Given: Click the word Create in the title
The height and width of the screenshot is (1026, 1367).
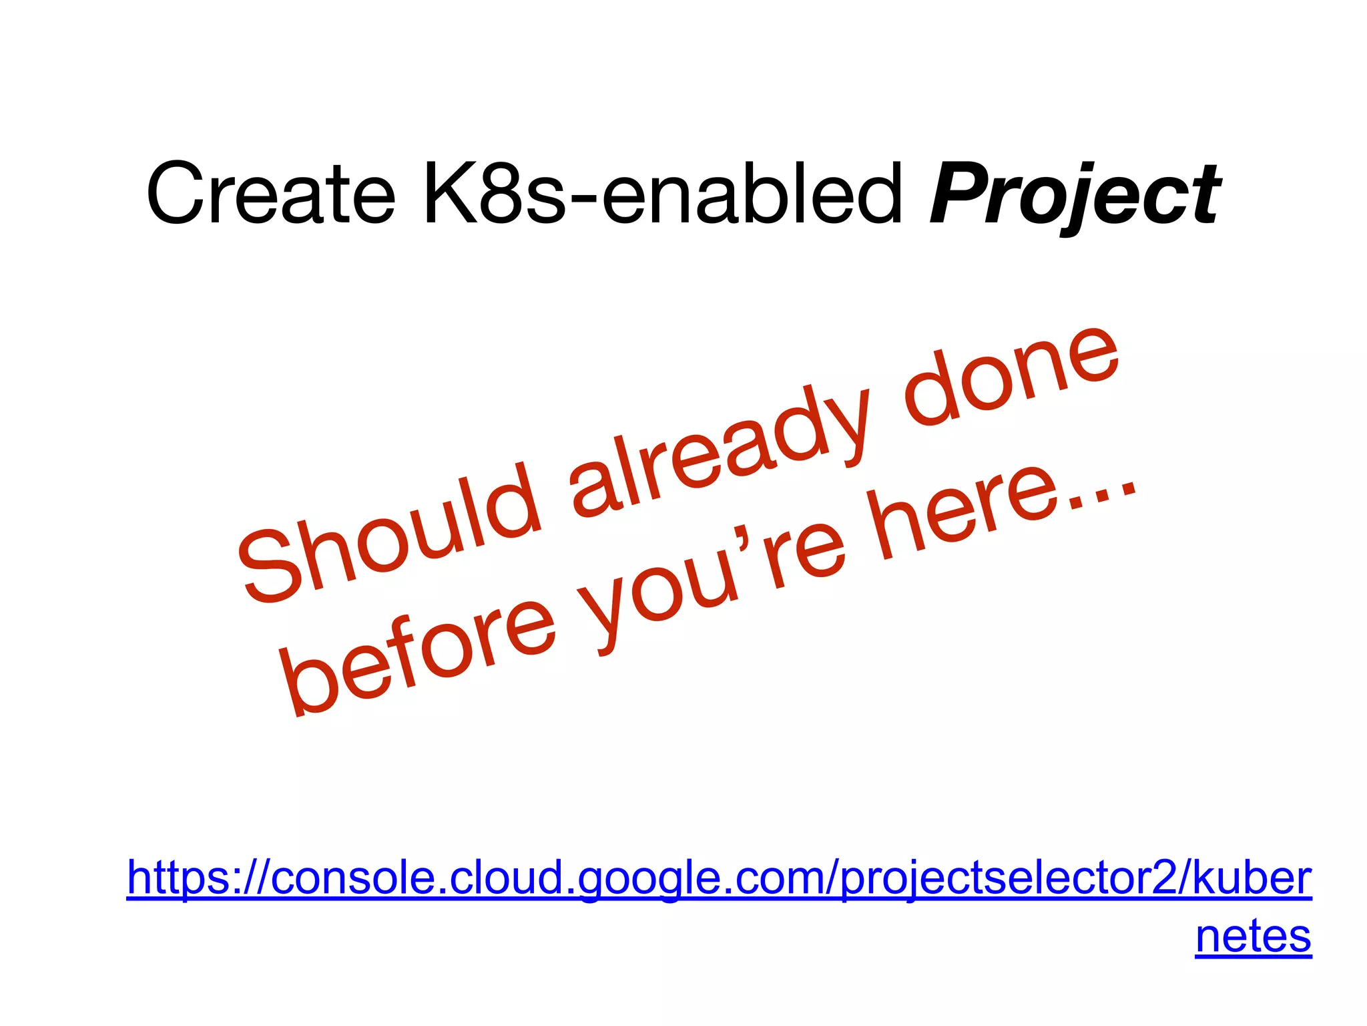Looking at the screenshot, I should (x=270, y=194).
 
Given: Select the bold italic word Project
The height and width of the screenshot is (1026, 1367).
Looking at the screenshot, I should (x=1075, y=195).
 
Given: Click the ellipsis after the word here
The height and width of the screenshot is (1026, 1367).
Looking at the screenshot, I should (x=1105, y=491).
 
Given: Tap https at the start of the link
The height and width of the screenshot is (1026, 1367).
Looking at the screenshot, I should (x=177, y=878).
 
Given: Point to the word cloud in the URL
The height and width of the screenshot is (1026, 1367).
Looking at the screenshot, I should (x=507, y=878).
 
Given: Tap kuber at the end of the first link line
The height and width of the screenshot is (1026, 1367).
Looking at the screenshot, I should (x=1252, y=878).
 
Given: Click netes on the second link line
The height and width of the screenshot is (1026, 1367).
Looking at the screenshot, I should (x=1253, y=936).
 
